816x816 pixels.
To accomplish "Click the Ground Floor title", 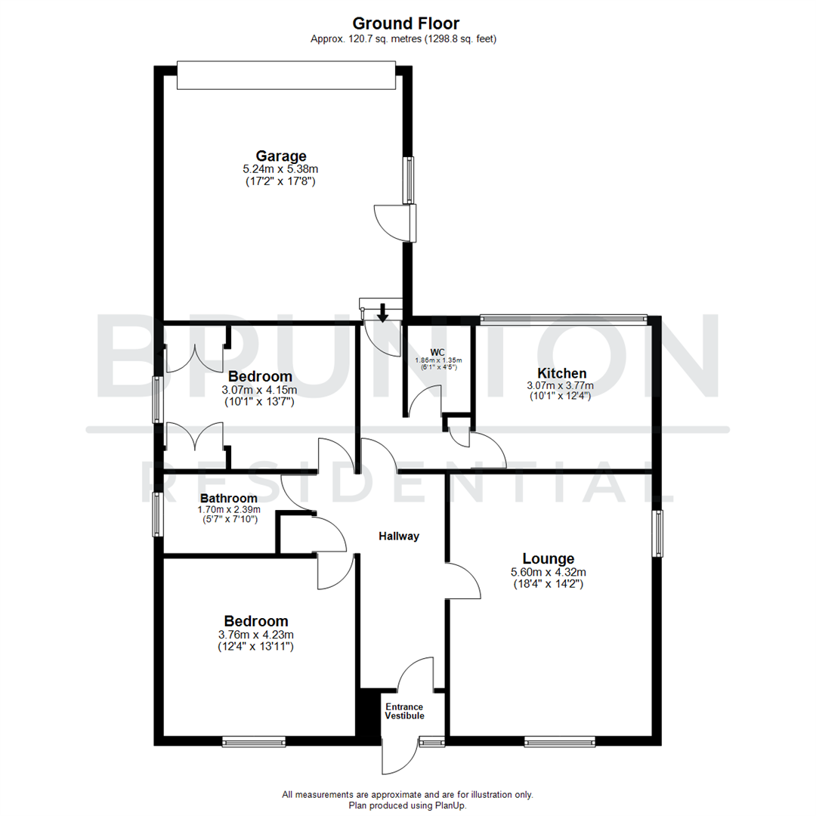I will coord(406,23).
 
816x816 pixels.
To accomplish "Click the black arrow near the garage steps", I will coord(383,311).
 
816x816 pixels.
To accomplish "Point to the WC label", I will coord(437,352).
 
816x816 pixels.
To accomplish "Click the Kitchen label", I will coord(561,372).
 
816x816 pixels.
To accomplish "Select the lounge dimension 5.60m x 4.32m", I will coord(547,572).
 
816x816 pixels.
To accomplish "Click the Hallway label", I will coord(399,536).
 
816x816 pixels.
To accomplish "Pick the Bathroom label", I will coord(228,498).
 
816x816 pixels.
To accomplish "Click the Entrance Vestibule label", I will coord(404,711).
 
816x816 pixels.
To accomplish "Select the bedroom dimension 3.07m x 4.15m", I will coord(259,390).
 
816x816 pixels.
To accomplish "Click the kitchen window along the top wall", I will coord(564,319).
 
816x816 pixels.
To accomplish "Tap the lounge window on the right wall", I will coord(658,534).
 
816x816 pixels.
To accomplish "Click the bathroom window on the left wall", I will coord(157,515).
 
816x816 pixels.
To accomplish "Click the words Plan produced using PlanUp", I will coord(407,805).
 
